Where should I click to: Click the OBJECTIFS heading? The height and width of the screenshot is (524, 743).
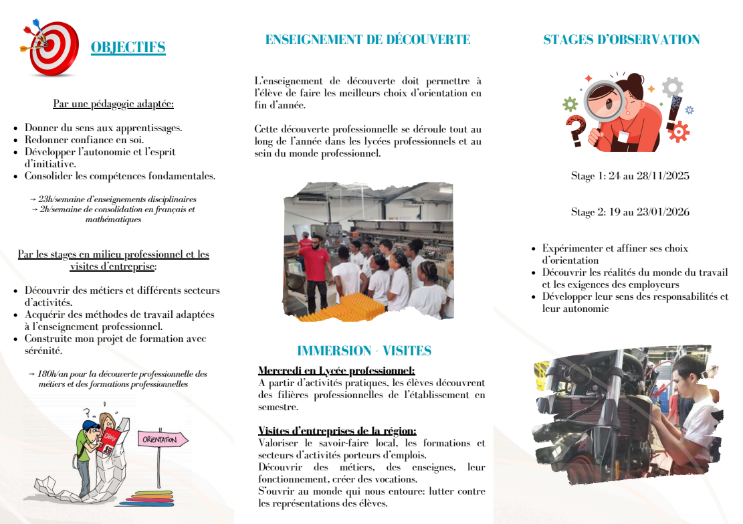click(128, 48)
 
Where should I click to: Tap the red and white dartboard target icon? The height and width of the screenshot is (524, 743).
click(52, 48)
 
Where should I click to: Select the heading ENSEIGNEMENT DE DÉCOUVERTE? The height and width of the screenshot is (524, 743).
click(368, 40)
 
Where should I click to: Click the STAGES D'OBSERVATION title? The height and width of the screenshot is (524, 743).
click(621, 40)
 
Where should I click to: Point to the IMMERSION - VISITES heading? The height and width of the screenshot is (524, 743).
click(364, 351)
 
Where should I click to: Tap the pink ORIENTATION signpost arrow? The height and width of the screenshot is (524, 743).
click(163, 440)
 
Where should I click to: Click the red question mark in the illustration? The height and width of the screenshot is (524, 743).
click(574, 129)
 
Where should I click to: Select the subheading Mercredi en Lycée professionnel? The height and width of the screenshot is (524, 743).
click(336, 371)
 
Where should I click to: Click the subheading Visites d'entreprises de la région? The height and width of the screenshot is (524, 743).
click(337, 431)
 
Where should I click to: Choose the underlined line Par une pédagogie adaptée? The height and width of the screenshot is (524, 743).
click(113, 104)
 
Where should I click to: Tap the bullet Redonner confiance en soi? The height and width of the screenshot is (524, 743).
click(84, 140)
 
